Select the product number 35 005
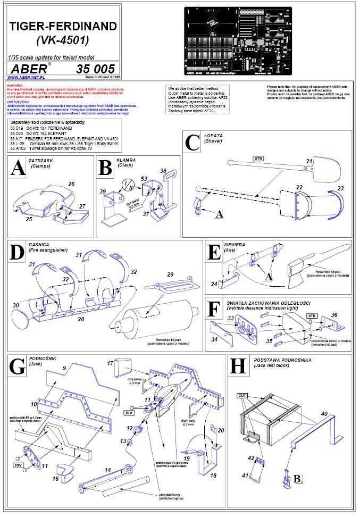pos(95,69)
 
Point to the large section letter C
pos(192,144)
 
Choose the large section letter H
pos(237,367)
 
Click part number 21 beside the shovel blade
pos(308,160)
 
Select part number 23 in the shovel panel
pos(341,188)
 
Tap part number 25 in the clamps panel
pos(29,219)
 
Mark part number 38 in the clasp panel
pos(163,170)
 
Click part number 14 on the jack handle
pos(107,470)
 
